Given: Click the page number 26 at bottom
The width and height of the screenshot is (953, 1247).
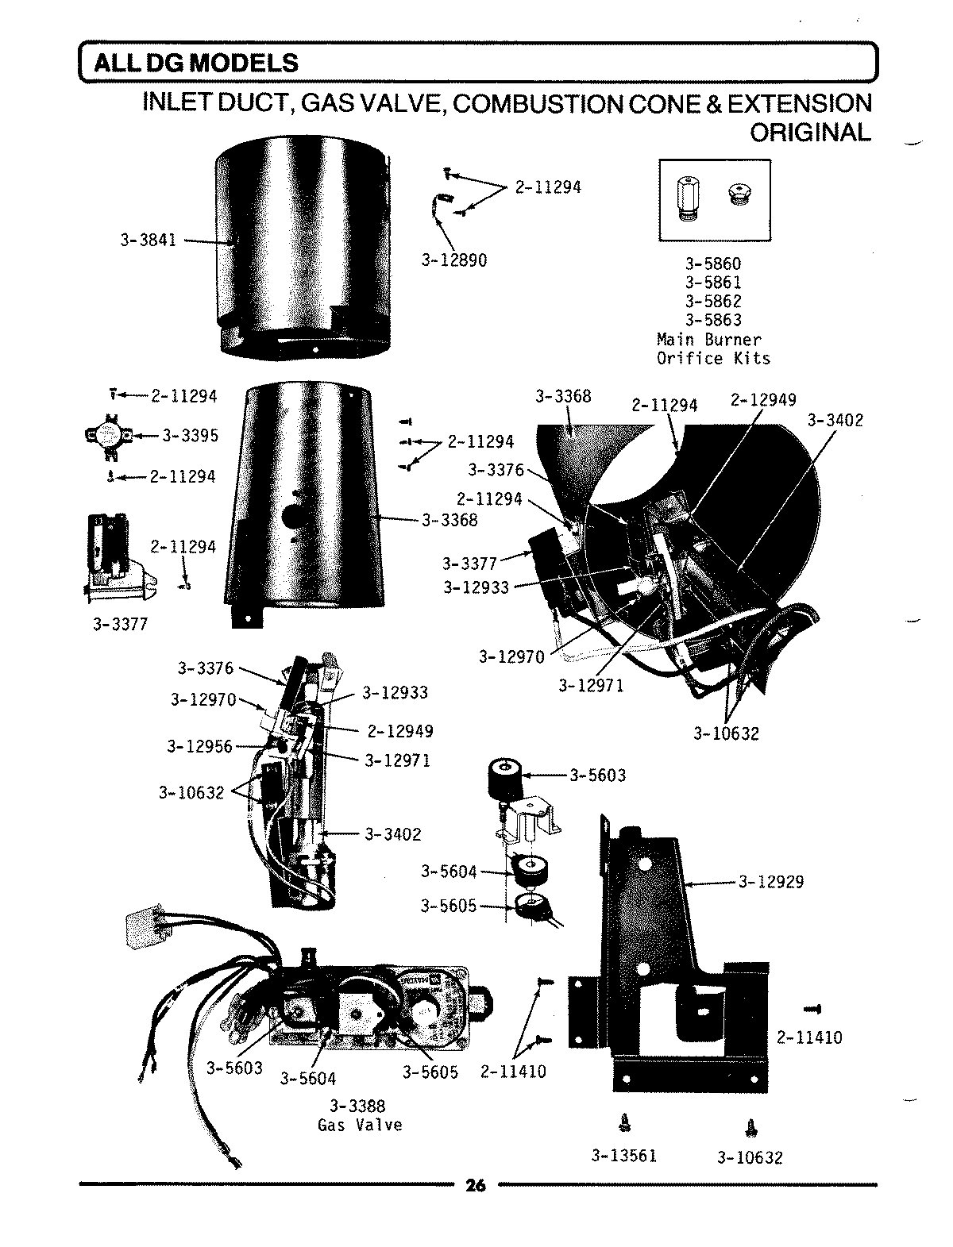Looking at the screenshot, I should point(475,1186).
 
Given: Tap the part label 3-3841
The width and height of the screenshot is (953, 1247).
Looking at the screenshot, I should point(148,240).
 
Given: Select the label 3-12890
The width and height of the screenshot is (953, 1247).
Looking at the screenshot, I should point(453,260).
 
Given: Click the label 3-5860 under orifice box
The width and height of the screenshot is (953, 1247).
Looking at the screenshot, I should point(712,264).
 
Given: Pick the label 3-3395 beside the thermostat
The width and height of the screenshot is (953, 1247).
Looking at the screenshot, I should point(190,436).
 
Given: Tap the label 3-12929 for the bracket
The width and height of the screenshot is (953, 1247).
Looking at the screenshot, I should point(770,881).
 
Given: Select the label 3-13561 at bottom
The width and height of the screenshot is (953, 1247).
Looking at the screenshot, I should point(623,1156).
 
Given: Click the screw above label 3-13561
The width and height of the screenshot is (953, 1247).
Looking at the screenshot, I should point(623,1122).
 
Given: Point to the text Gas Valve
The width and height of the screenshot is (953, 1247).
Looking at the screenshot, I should point(360,1125).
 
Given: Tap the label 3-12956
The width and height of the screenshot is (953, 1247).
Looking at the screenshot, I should point(199,746).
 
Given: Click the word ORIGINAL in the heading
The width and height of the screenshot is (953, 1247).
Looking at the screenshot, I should point(810,132).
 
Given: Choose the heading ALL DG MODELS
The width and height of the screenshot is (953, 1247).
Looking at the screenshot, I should point(195,63).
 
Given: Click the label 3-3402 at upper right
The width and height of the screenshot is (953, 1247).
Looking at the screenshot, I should point(835,420).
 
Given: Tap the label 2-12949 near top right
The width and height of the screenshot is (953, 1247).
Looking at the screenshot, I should point(762,400).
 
